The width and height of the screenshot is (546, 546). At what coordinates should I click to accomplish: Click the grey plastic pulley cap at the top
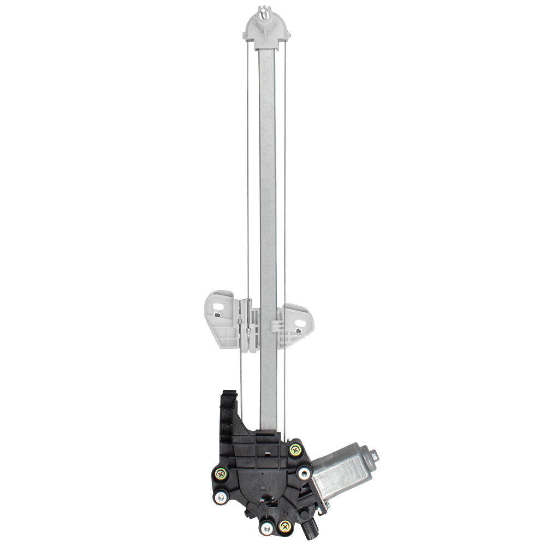[x=266, y=27]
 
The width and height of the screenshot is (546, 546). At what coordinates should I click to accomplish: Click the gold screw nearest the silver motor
[x=295, y=450]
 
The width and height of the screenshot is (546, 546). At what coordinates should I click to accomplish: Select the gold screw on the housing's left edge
[x=220, y=474]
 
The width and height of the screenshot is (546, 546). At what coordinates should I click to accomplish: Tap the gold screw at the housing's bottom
[x=284, y=526]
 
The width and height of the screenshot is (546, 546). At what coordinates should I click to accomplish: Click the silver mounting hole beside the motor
[x=305, y=472]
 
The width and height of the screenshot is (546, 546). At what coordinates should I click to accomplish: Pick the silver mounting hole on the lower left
[x=221, y=497]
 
